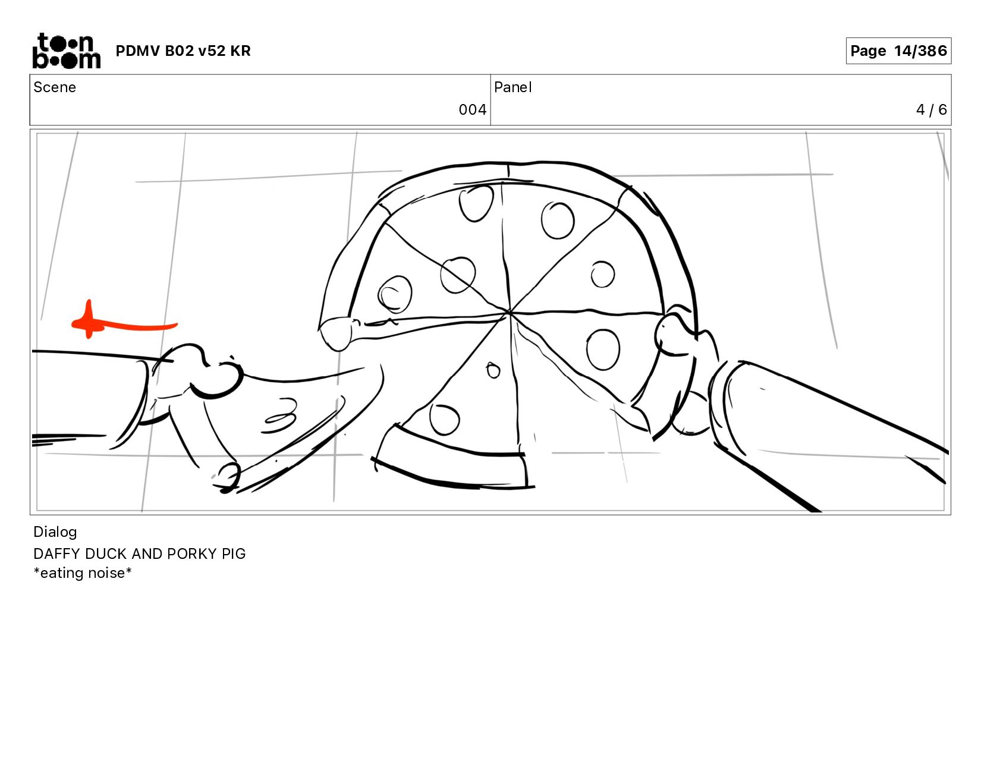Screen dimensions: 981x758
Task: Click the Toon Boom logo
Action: click(x=67, y=51)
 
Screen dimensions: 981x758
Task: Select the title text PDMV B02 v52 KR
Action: click(x=183, y=51)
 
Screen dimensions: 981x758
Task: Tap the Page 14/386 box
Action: click(x=898, y=51)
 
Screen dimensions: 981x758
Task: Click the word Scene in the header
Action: click(x=55, y=87)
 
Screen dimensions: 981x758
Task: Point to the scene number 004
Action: click(x=472, y=110)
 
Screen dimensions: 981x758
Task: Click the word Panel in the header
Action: click(x=513, y=87)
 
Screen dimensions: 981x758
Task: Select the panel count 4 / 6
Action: click(x=931, y=110)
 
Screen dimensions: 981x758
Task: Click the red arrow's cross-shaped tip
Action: click(x=89, y=320)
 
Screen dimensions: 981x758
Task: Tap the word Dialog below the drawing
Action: click(x=55, y=532)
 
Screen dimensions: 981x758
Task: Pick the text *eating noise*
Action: click(x=83, y=573)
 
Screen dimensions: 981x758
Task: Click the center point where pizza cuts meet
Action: click(x=510, y=312)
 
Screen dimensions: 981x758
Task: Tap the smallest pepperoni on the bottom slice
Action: click(x=493, y=370)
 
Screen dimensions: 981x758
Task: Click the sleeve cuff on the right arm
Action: click(x=725, y=406)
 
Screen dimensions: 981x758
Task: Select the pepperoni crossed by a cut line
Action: click(x=458, y=275)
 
